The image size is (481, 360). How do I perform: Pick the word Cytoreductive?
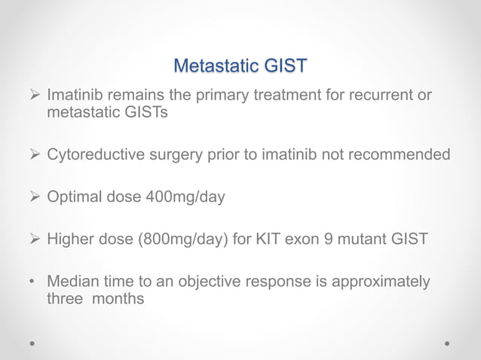95,155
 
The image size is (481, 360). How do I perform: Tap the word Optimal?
75,197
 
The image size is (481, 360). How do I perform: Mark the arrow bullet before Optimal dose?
33,197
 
